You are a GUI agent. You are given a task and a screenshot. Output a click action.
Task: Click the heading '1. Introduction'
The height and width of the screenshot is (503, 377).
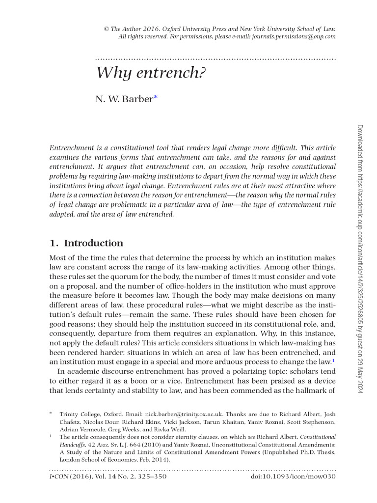(86, 243)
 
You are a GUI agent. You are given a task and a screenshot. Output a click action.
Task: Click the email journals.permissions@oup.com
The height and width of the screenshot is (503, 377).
(294, 36)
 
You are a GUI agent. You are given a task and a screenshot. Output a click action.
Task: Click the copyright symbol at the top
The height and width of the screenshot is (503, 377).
(106, 29)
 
